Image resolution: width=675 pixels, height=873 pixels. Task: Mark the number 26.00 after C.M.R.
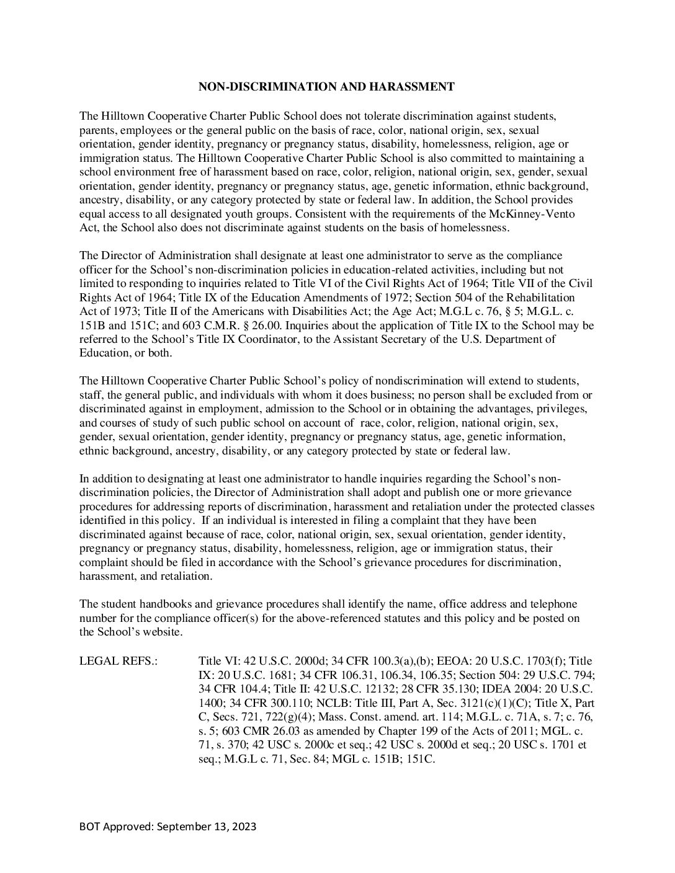tap(238, 326)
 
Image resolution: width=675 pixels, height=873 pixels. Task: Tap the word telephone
tap(546, 605)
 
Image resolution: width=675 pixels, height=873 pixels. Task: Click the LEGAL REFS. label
tap(118, 661)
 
